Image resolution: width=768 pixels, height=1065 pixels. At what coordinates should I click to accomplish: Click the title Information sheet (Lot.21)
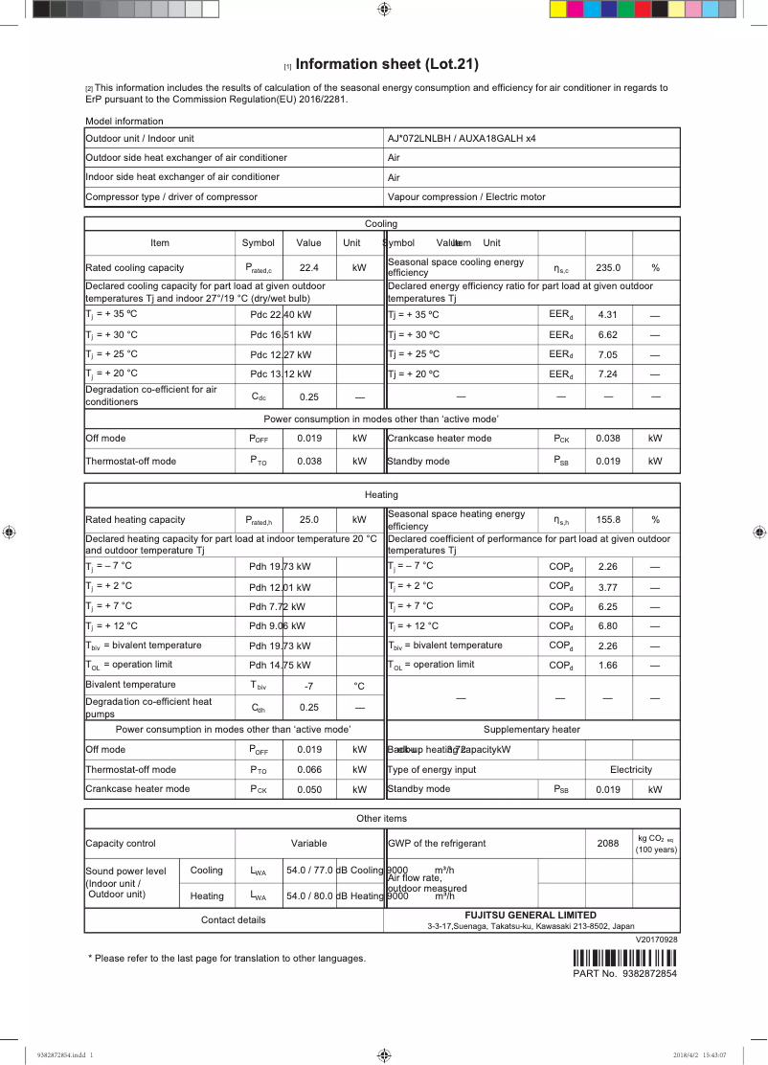(387, 65)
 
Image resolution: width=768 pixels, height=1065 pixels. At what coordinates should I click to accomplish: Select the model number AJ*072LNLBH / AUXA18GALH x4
(462, 139)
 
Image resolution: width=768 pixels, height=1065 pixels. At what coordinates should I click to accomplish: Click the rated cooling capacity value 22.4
(308, 268)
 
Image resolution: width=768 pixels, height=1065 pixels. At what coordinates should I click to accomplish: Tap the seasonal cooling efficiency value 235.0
(608, 268)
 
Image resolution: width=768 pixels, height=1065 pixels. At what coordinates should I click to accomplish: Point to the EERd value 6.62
(608, 336)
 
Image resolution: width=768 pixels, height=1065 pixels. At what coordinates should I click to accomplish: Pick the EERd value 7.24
(608, 374)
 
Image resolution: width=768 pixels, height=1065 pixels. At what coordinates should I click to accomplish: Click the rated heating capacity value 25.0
(308, 520)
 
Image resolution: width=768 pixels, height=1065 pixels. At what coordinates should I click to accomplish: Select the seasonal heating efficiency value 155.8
(608, 520)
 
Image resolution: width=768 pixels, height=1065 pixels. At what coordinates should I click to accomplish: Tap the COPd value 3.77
(608, 587)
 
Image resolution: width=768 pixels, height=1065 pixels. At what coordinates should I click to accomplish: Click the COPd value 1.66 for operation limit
(608, 666)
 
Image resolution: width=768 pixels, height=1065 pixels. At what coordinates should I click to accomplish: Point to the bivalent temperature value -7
(308, 686)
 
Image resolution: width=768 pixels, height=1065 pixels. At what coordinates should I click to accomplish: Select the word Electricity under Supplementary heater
(630, 770)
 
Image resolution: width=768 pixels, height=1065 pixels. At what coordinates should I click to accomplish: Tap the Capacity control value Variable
(308, 844)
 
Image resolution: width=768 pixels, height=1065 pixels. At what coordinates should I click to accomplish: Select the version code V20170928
(656, 940)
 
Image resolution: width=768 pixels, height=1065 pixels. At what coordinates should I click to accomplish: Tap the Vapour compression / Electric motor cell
(466, 197)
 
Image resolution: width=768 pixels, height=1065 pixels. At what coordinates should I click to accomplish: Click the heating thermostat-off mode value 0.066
(308, 770)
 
